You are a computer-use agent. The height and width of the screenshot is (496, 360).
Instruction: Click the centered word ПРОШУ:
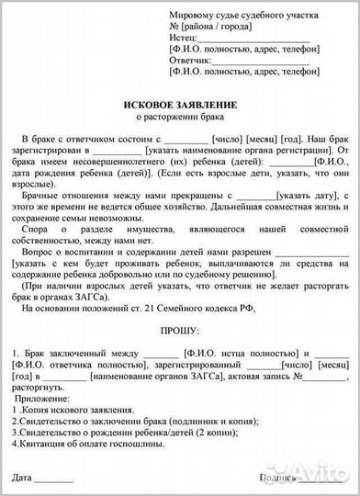coord(179,328)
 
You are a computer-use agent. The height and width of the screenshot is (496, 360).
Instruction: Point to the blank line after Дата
coord(55,479)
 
